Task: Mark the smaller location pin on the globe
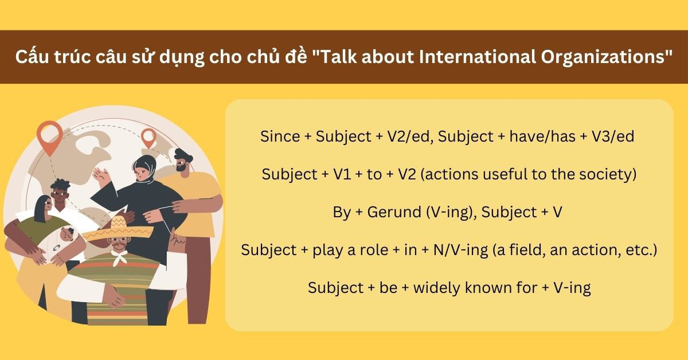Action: [x=148, y=138]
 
